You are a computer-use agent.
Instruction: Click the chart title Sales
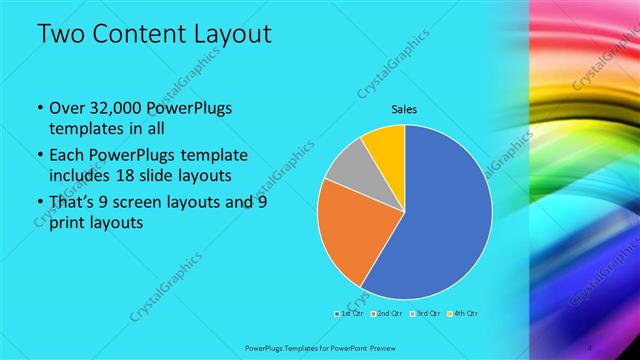click(404, 109)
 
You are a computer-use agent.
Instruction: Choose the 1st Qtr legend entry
click(350, 313)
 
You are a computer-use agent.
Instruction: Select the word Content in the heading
click(149, 35)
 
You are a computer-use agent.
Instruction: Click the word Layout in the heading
click(235, 35)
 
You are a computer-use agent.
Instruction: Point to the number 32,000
click(115, 108)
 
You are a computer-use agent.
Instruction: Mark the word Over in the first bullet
click(65, 108)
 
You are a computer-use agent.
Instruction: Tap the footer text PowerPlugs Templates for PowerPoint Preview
click(320, 348)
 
